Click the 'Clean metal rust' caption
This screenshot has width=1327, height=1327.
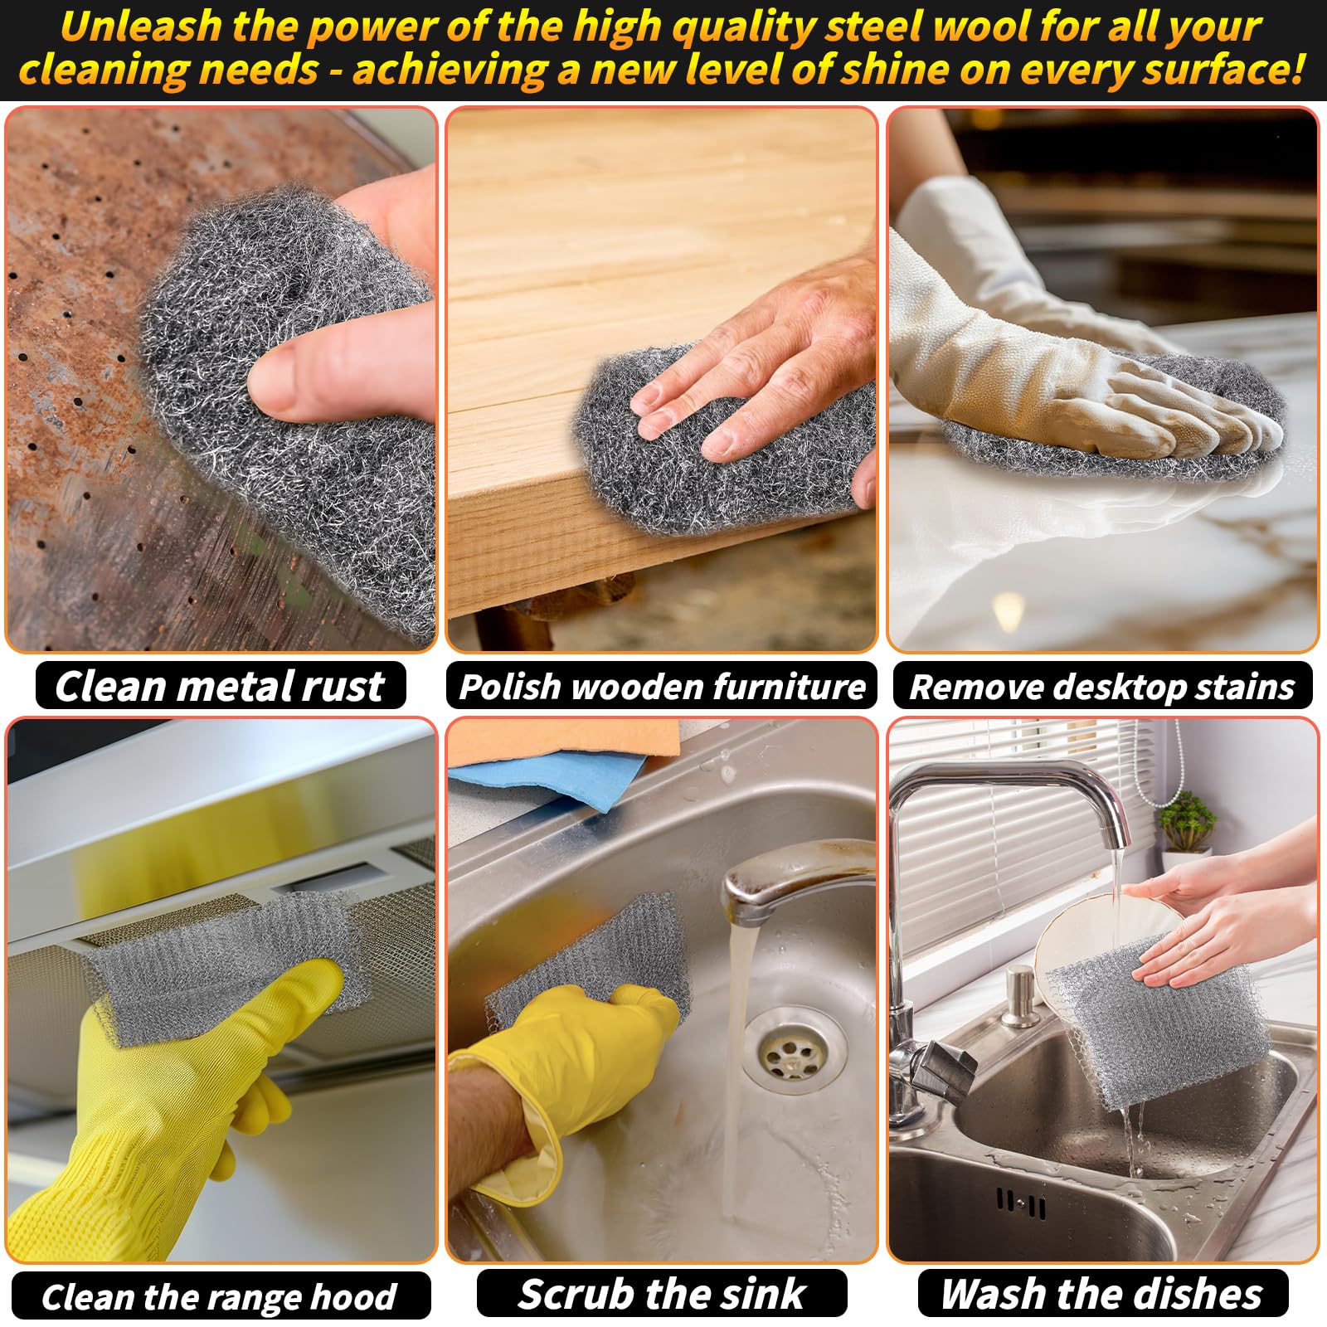click(220, 687)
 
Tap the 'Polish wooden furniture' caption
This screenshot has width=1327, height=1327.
click(662, 687)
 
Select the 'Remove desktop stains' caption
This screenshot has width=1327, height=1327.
click(1102, 687)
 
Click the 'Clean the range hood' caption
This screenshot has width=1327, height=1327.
click(219, 1297)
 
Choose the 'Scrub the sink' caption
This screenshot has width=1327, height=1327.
click(662, 1294)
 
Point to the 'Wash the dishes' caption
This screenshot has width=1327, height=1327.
click(1102, 1294)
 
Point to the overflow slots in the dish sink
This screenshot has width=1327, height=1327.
click(1021, 1203)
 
